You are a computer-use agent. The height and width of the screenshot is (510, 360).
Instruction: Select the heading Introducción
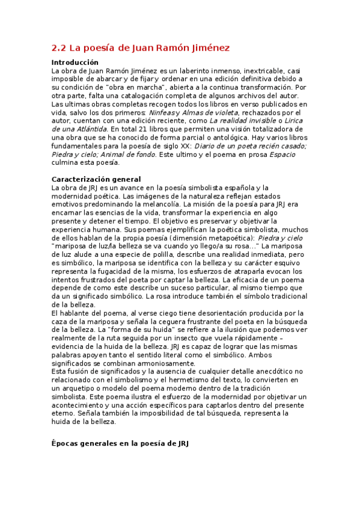point(75,63)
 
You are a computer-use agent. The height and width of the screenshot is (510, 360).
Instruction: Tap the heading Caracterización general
point(96,179)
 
